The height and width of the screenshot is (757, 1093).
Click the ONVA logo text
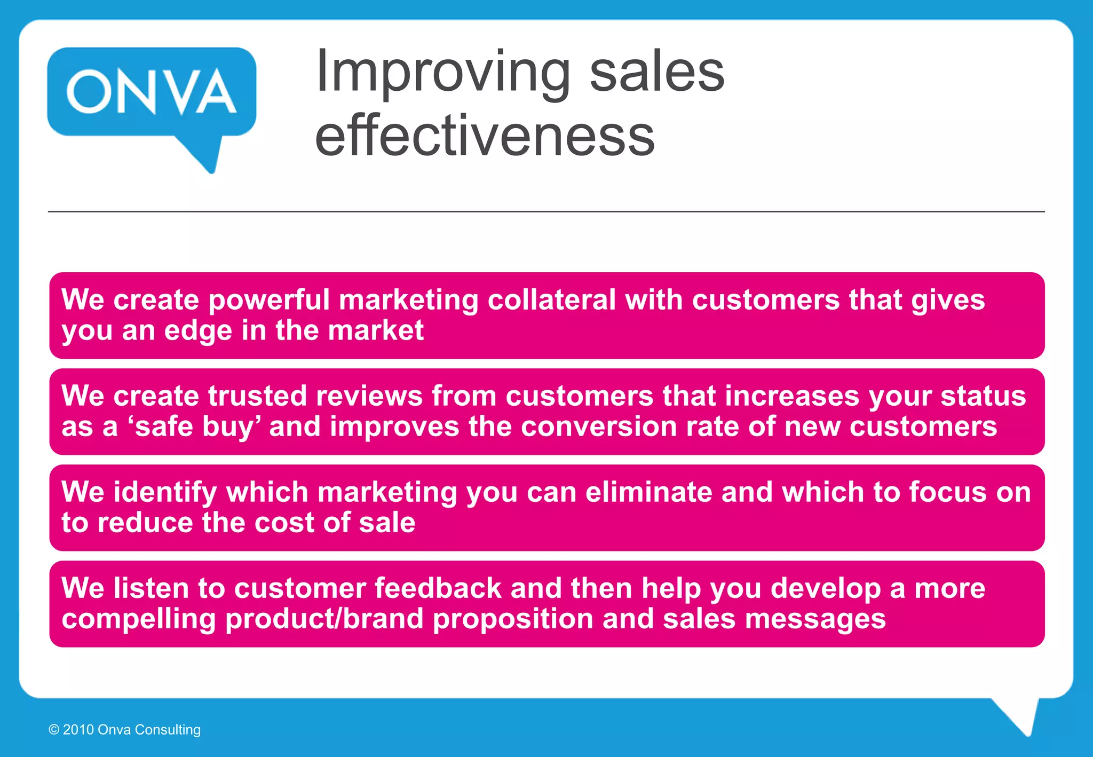click(152, 92)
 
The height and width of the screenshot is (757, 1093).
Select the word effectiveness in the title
click(485, 136)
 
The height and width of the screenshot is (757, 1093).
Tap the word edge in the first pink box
click(198, 330)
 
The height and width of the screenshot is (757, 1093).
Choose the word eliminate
click(648, 492)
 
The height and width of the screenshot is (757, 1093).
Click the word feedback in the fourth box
click(438, 588)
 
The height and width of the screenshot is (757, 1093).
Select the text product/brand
click(324, 619)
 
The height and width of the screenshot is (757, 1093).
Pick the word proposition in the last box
click(512, 619)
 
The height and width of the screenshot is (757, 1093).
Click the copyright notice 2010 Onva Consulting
click(124, 730)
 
